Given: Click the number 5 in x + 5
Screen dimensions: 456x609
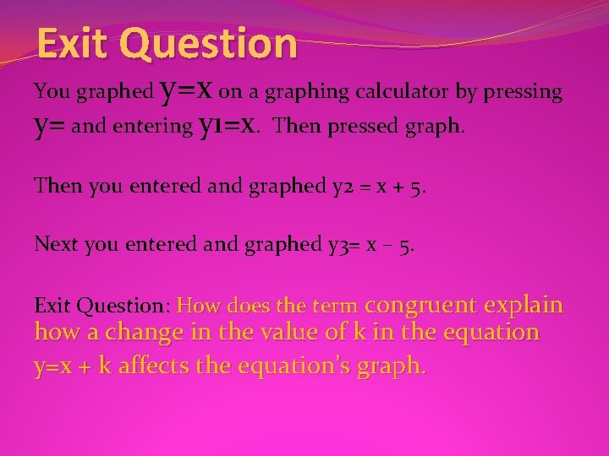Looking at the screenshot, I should click(420, 186).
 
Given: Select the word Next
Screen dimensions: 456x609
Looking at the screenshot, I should click(52, 244).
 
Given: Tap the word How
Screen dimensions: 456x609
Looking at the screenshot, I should click(196, 304).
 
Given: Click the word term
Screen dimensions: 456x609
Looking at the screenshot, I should click(340, 304).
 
